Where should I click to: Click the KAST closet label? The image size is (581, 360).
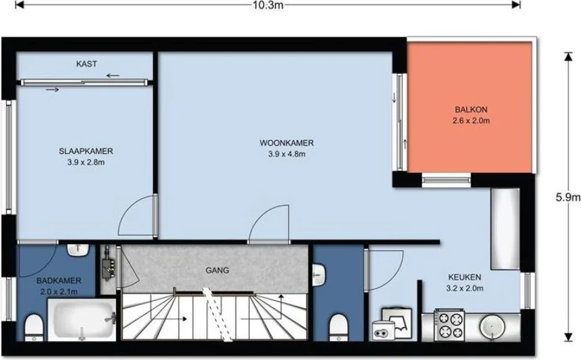click(x=87, y=64)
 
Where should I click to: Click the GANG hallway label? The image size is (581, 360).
click(x=217, y=270)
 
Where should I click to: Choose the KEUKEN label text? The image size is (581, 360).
click(x=464, y=277)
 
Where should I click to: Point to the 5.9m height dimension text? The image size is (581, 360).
click(x=567, y=197)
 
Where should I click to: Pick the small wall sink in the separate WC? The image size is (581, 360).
click(x=322, y=274)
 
